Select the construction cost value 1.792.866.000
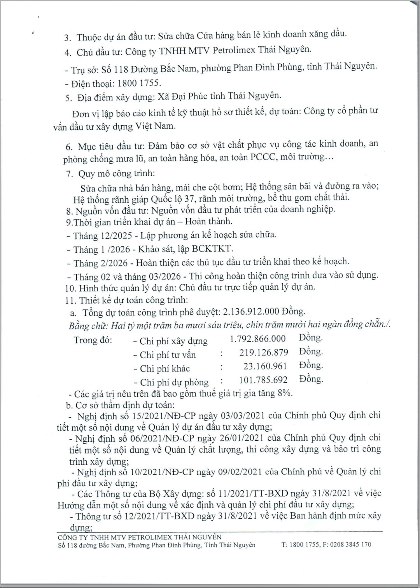tap(258, 339)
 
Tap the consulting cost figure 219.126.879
tap(264, 353)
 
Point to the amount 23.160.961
tap(265, 366)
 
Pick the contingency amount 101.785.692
tap(263, 380)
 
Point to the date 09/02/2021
tap(240, 472)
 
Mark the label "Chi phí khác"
tap(165, 368)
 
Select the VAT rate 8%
tap(285, 393)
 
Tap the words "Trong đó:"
tap(93, 340)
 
